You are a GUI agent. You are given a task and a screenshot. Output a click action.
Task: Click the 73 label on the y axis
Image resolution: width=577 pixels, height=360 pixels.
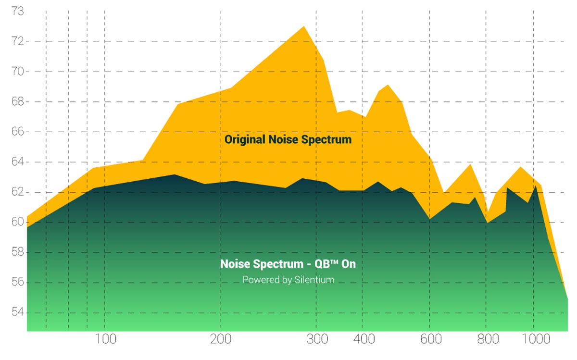click(17, 12)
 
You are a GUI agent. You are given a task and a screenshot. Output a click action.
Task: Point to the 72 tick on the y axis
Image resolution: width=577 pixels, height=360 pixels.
click(17, 41)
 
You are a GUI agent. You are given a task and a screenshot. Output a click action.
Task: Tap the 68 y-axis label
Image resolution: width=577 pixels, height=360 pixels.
click(17, 102)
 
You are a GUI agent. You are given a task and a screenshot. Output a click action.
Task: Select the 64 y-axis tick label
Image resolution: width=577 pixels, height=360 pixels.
click(17, 162)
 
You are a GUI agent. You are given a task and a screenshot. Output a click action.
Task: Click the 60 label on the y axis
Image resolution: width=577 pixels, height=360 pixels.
click(17, 222)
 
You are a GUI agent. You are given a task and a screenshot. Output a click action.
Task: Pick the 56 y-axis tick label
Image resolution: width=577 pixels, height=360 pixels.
click(17, 283)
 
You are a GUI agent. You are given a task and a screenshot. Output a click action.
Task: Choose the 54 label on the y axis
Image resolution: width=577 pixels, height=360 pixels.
click(17, 313)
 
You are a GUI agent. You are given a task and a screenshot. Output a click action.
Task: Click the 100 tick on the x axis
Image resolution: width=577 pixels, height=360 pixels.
click(106, 339)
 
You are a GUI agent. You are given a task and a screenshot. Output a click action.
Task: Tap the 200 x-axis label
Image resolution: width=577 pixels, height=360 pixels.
click(221, 339)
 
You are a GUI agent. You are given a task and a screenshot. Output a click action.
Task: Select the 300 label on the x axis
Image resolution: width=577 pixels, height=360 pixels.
click(317, 339)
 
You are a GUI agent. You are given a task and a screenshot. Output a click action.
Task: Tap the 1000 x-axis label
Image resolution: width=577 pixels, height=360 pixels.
click(536, 339)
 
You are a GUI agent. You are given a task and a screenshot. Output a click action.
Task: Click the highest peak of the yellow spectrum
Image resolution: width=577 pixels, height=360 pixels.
click(304, 27)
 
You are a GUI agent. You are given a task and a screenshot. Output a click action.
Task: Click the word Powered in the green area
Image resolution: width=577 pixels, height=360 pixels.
click(259, 280)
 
